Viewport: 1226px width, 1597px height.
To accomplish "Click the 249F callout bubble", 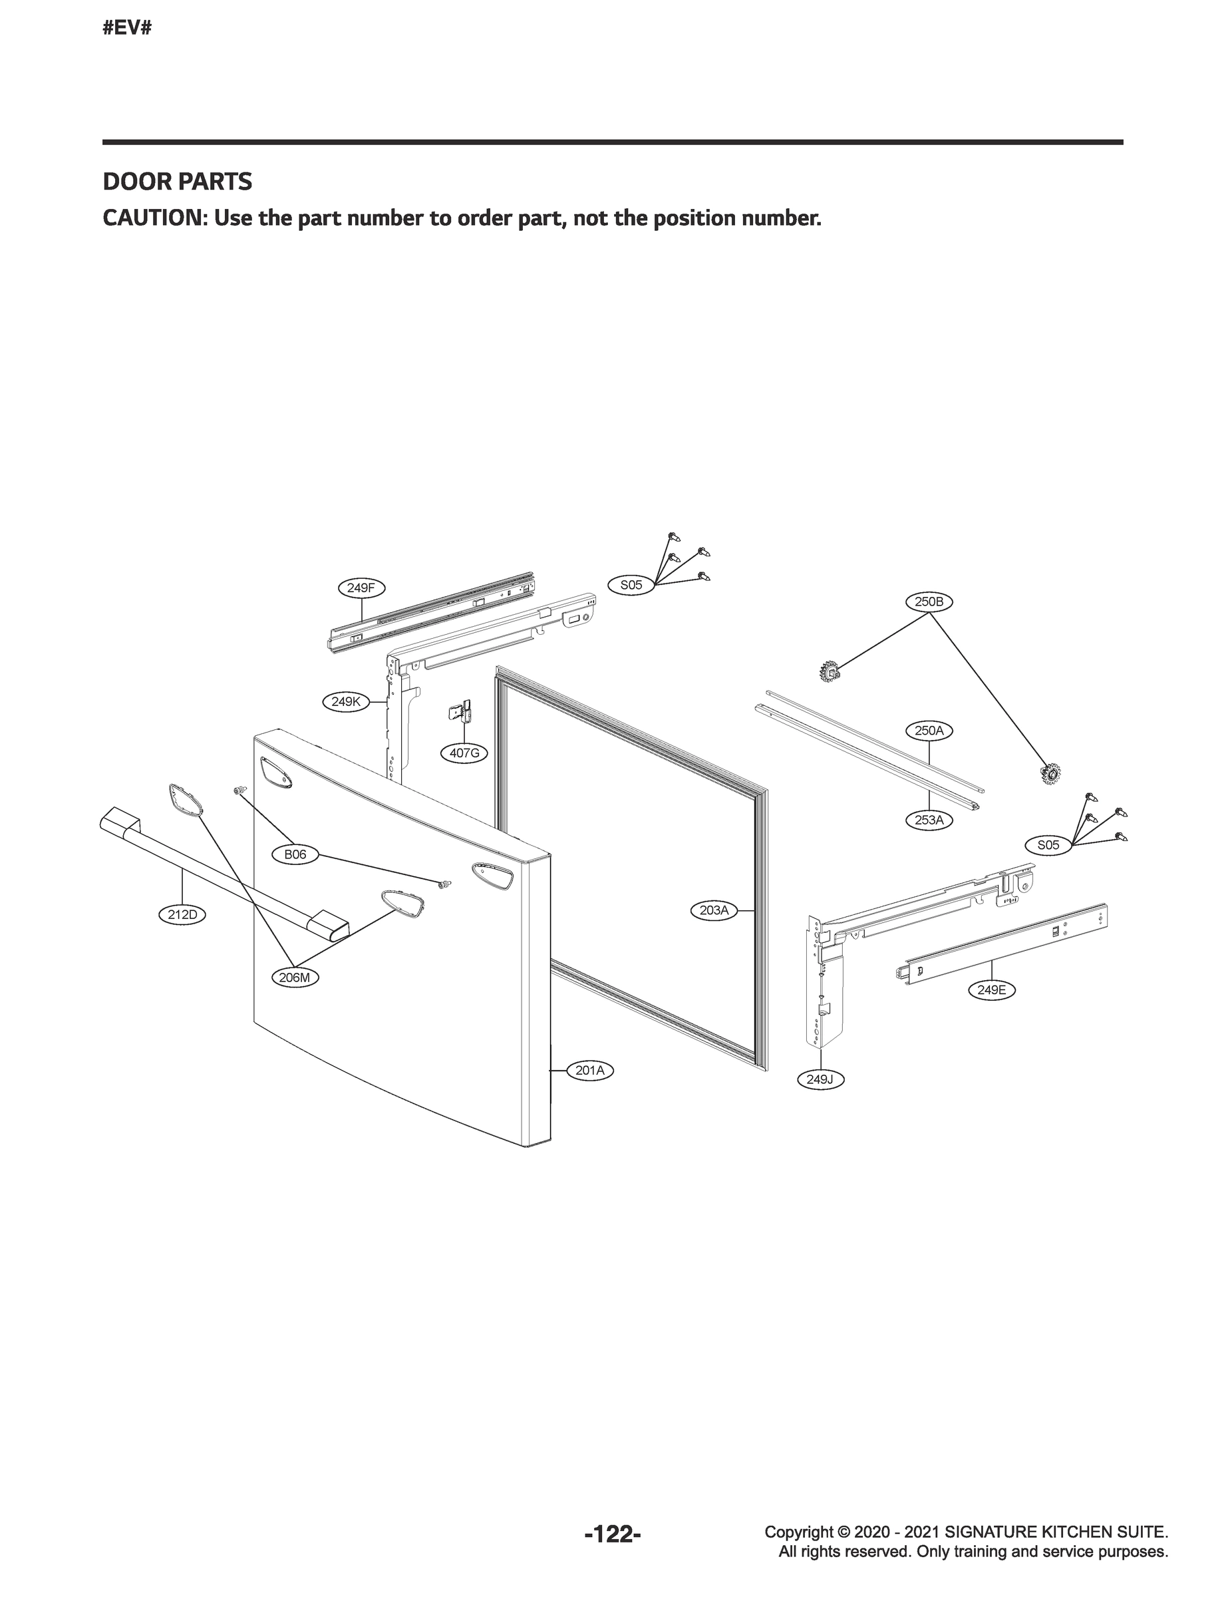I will [361, 587].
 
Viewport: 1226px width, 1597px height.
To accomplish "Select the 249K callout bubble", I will [345, 701].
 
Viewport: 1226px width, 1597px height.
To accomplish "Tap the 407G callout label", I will [464, 753].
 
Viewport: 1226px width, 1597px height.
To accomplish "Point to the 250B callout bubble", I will [929, 602].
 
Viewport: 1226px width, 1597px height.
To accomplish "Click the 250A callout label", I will [929, 730].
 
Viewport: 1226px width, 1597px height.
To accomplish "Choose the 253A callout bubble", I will [929, 820].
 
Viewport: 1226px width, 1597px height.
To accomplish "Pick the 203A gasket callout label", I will [714, 910].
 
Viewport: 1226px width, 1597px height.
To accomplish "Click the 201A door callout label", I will [589, 1070].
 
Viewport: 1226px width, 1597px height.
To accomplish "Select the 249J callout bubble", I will [820, 1079].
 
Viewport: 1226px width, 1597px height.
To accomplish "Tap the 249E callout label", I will [992, 989].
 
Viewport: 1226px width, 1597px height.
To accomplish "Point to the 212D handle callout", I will [182, 914].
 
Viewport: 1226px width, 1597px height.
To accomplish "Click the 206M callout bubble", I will [295, 977].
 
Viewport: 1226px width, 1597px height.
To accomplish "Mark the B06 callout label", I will [295, 854].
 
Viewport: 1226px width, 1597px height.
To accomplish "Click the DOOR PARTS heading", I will [178, 182].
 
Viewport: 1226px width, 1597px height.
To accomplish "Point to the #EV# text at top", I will [127, 29].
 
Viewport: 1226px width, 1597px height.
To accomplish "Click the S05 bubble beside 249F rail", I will [631, 585].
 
